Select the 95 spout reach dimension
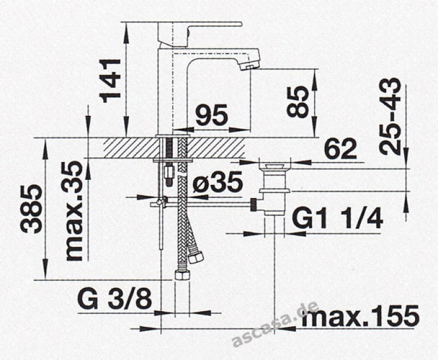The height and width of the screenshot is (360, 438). tap(211, 115)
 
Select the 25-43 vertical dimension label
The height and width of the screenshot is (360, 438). tap(390, 116)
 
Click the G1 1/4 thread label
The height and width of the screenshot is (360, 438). tap(337, 217)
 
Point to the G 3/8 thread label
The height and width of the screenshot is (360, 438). tap(114, 299)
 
